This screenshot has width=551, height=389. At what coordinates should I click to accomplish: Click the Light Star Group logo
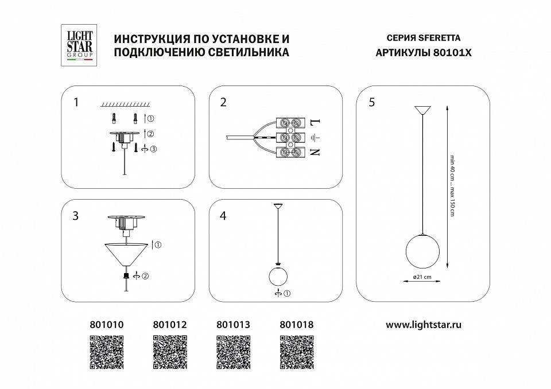(x=77, y=45)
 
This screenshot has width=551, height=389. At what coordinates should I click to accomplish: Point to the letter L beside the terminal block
(x=313, y=122)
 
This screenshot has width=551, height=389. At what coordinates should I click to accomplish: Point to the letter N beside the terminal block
(x=313, y=153)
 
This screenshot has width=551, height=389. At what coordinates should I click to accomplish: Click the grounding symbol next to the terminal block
(x=314, y=137)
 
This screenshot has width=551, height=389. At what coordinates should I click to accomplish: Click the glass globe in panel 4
(x=278, y=276)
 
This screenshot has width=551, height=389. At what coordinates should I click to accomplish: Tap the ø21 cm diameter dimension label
(x=422, y=277)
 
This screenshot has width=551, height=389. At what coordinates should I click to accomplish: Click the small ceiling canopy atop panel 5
(x=423, y=109)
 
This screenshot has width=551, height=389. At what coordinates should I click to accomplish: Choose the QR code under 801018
(x=297, y=352)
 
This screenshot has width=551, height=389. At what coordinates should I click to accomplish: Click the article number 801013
(x=233, y=325)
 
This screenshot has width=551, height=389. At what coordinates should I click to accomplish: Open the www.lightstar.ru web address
(x=424, y=325)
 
